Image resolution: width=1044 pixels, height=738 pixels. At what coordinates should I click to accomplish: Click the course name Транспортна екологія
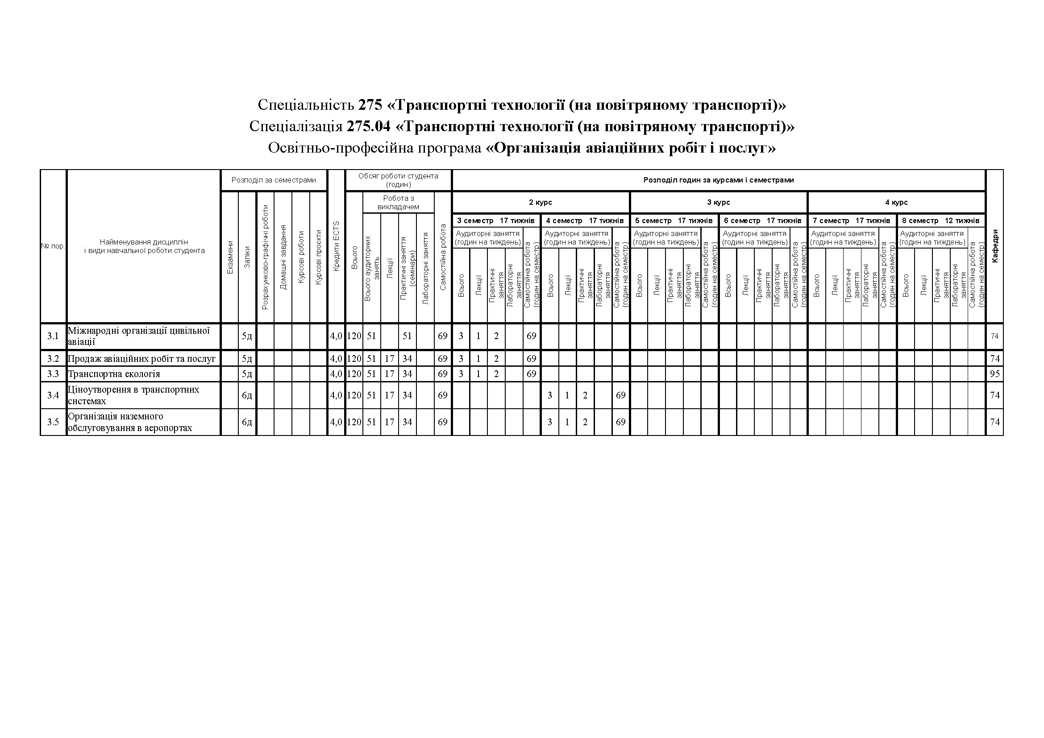click(114, 374)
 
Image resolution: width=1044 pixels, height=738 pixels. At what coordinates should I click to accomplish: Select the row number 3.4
click(53, 395)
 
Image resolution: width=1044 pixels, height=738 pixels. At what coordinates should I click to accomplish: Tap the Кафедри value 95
click(994, 374)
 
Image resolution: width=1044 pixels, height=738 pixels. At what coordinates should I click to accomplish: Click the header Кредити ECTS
click(337, 246)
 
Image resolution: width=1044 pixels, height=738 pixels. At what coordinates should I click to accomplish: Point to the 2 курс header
click(540, 202)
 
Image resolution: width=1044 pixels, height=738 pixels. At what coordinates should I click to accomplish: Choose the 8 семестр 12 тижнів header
click(940, 220)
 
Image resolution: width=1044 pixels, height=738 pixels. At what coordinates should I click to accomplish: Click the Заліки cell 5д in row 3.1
click(247, 336)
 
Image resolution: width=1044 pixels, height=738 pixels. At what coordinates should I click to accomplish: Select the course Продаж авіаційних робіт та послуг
click(141, 359)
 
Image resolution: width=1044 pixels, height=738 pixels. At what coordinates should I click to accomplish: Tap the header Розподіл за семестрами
click(273, 180)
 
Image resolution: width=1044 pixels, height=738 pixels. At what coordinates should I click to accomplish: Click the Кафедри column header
click(995, 246)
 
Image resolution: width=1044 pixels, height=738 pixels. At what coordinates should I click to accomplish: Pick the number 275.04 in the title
click(368, 126)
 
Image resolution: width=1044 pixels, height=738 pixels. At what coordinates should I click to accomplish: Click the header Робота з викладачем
click(398, 202)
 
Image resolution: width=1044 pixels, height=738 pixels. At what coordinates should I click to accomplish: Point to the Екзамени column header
click(230, 257)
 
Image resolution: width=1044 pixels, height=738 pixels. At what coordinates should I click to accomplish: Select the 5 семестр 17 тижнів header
click(674, 220)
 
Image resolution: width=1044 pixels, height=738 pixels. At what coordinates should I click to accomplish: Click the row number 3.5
click(53, 422)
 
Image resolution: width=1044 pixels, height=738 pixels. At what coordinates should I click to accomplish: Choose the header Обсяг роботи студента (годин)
click(398, 180)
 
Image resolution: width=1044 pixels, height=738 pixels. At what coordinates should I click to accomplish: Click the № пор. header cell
click(53, 246)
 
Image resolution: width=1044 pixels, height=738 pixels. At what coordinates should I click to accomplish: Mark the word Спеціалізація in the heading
click(295, 126)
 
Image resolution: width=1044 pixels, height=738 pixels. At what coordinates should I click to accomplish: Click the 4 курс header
click(896, 202)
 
